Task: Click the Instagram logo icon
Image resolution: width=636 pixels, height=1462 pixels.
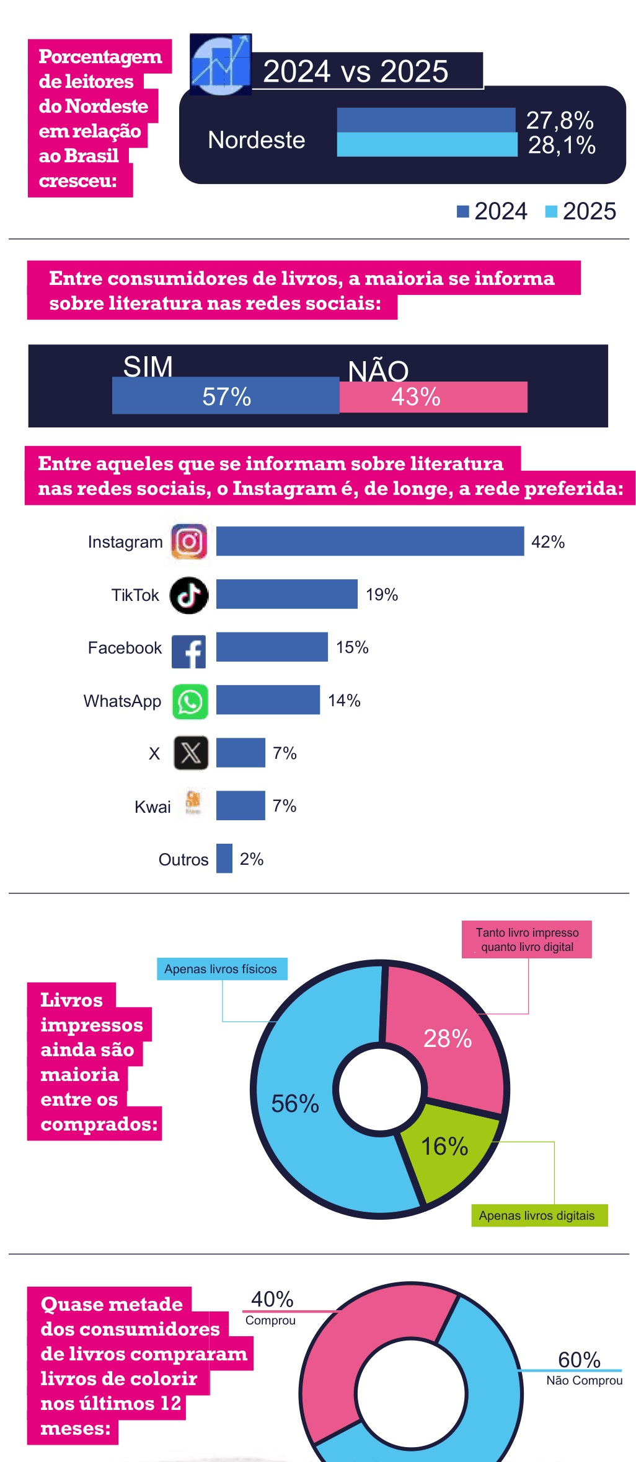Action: [x=189, y=542]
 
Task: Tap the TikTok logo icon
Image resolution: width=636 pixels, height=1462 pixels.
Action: [x=189, y=595]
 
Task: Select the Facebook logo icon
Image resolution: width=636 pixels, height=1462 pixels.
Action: [x=189, y=651]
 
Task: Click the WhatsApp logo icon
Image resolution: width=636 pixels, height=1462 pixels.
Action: [x=190, y=702]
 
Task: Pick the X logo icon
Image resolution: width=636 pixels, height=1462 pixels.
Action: [x=191, y=753]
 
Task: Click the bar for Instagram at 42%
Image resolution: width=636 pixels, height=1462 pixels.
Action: [x=369, y=541]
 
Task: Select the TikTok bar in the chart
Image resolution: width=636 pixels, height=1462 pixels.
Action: [x=286, y=594]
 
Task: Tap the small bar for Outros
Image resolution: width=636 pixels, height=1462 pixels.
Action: [x=224, y=859]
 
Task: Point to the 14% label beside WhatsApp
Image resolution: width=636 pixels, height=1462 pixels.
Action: [x=344, y=701]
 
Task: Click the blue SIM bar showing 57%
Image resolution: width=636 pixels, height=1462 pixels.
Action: [x=226, y=396]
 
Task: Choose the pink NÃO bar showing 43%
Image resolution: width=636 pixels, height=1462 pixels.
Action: [x=433, y=397]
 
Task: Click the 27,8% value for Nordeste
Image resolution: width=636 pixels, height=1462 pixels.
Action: [x=559, y=121]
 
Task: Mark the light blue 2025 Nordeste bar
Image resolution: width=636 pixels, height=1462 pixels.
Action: [x=426, y=145]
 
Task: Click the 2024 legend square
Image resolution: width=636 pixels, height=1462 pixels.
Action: [x=462, y=212]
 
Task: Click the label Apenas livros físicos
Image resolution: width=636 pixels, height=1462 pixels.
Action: [x=221, y=969]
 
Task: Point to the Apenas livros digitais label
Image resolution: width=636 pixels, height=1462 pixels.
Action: [x=537, y=1215]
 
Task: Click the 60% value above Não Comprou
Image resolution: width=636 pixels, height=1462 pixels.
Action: [x=579, y=1359]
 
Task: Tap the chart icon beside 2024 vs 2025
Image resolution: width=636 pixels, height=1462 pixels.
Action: [x=221, y=64]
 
